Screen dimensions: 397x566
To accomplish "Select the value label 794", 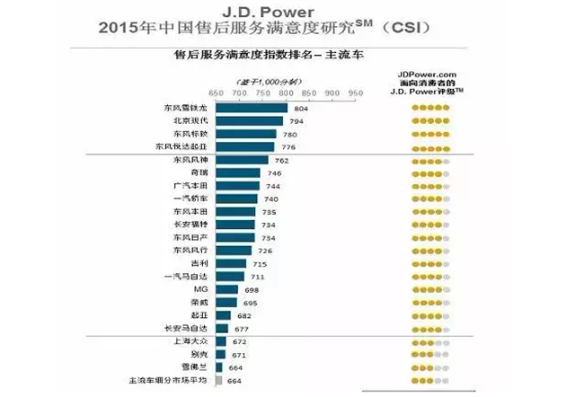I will (297, 120).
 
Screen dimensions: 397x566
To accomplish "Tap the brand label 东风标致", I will (189, 134).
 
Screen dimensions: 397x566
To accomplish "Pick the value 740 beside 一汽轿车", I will (273, 199).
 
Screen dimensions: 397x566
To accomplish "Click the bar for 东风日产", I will (235, 238).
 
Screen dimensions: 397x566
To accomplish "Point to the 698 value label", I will (252, 290).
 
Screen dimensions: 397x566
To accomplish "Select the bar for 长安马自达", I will (222, 330).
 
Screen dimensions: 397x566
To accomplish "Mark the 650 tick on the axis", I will (216, 93).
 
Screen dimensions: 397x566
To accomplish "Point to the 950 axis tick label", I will (355, 93).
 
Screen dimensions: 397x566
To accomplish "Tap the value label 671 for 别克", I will (238, 357).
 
